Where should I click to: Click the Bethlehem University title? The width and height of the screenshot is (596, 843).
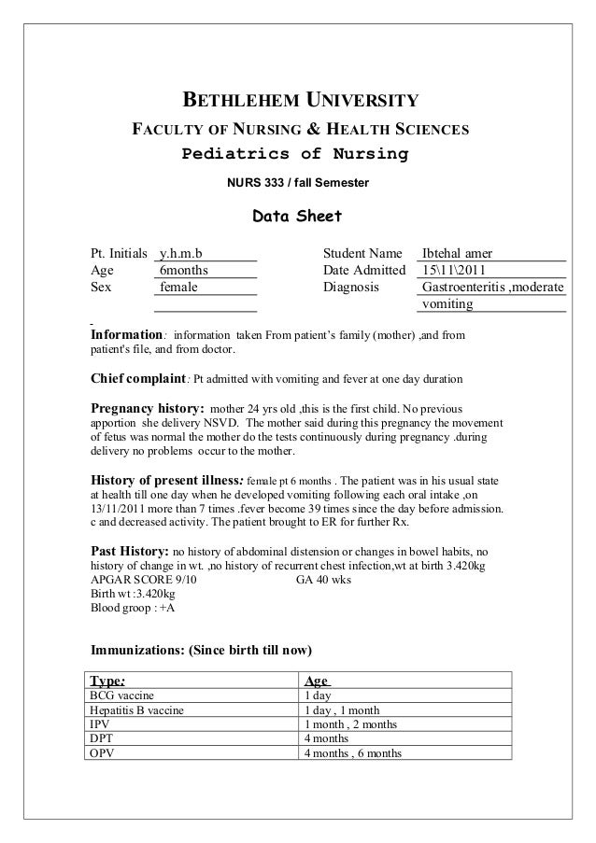(299, 101)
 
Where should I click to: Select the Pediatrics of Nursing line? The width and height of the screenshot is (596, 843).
(294, 153)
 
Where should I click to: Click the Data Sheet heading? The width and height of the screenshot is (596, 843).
(297, 218)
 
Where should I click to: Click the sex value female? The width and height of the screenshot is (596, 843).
(178, 288)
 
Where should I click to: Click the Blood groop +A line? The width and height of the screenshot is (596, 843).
(132, 607)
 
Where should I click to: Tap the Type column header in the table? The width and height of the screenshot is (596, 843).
(106, 681)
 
